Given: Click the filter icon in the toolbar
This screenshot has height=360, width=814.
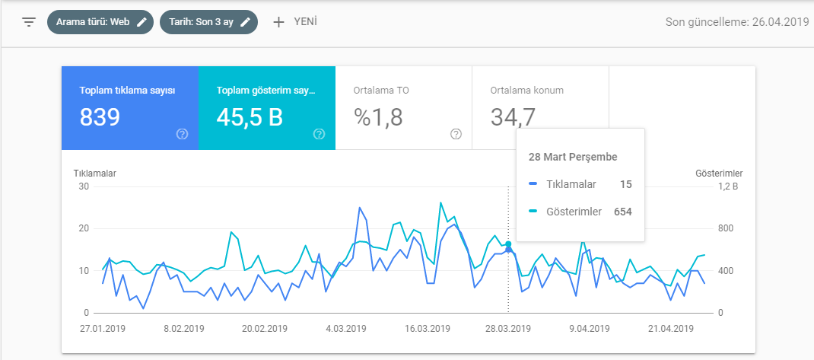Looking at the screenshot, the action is point(29,22).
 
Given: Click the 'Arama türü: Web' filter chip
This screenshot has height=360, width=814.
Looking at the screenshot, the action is point(100,22).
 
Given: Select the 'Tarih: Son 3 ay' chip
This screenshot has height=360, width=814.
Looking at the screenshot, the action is point(208,22).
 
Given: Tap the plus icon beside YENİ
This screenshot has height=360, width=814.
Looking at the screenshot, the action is point(278,22).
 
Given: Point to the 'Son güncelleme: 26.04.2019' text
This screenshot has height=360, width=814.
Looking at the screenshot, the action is point(737,22).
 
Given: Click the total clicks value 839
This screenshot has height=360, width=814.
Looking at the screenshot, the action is point(100,117).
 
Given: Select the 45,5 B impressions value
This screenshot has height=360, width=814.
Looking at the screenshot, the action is point(250,117).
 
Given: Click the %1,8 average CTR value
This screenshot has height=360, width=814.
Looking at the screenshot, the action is point(378,117).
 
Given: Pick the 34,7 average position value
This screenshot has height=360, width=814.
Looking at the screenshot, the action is point(513,117).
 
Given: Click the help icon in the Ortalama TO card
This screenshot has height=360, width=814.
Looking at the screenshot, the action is point(456,135).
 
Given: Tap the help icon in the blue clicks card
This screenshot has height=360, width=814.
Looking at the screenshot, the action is point(182,135).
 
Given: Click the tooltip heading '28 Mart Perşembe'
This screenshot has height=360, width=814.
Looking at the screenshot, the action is point(573,157).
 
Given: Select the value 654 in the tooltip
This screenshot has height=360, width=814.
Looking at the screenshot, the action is point(623,212).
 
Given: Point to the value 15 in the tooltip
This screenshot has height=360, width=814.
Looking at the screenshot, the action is point(626,184).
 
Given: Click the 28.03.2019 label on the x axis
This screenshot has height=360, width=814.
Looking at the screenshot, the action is point(508,329).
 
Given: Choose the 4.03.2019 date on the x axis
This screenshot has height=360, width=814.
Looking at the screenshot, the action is point(345,329).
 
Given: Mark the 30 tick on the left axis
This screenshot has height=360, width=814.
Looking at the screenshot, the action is point(83,187).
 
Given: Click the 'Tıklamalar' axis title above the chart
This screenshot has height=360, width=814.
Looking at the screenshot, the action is point(94,174).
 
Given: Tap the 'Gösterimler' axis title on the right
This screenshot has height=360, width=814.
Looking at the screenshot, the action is point(719,173).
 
